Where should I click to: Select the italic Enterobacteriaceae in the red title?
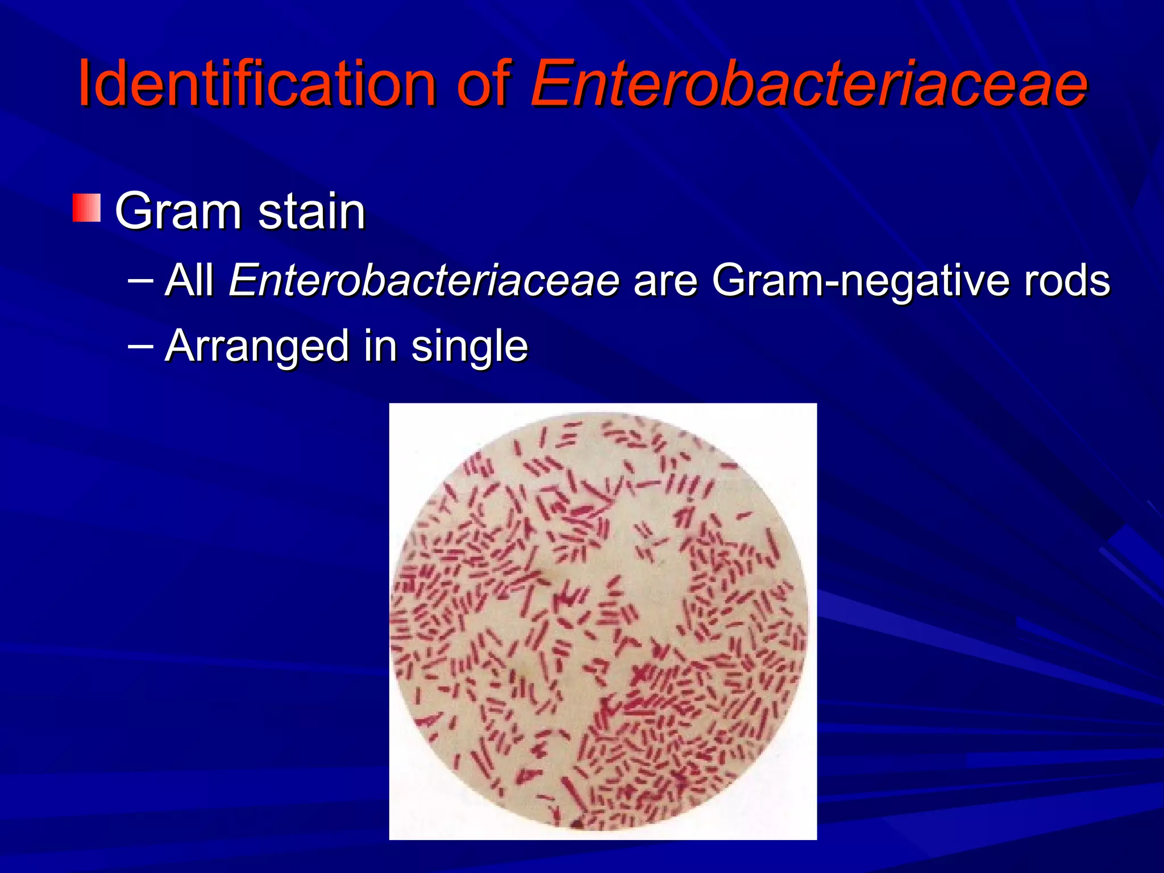tap(808, 84)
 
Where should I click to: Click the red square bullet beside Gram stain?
tap(86, 208)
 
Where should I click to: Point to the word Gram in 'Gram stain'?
tap(178, 211)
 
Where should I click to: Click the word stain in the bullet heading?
tap(311, 211)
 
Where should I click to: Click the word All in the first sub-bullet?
tap(189, 280)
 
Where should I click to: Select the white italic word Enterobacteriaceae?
tap(423, 280)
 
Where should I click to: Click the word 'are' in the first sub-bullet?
tap(665, 280)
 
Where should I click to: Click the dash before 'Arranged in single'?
tap(140, 345)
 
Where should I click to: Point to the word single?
tap(469, 347)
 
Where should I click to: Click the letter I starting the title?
tap(85, 84)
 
